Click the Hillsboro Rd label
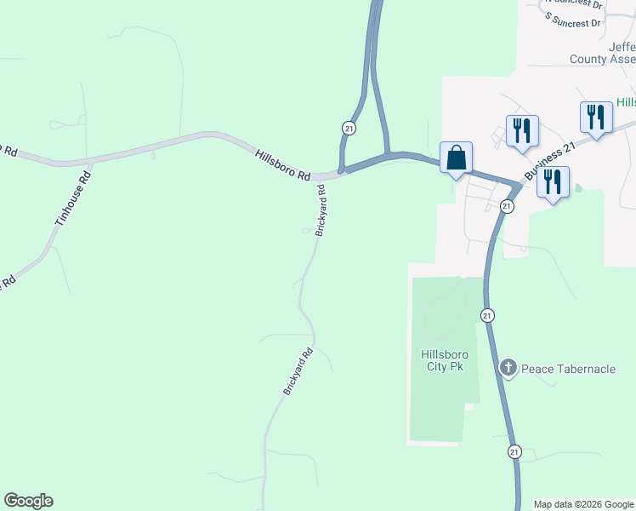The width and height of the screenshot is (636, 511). tap(283, 164)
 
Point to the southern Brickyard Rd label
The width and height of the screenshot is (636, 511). tap(298, 370)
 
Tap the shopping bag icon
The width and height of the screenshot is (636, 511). tap(456, 158)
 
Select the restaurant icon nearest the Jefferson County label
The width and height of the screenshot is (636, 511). tap(596, 117)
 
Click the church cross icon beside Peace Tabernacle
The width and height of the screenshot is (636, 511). tap(508, 368)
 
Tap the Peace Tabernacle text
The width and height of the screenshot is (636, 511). tap(568, 369)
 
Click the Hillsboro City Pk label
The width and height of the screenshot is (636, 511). tap(442, 361)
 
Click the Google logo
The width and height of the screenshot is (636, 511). tap(28, 501)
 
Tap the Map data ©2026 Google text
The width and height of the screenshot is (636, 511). tap(583, 504)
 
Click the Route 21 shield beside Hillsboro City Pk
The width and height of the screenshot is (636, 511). tap(486, 315)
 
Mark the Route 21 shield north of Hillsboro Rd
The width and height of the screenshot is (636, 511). tap(349, 128)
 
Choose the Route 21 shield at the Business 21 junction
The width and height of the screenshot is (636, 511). tap(507, 207)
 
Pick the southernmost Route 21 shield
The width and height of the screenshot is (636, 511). tap(514, 451)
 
